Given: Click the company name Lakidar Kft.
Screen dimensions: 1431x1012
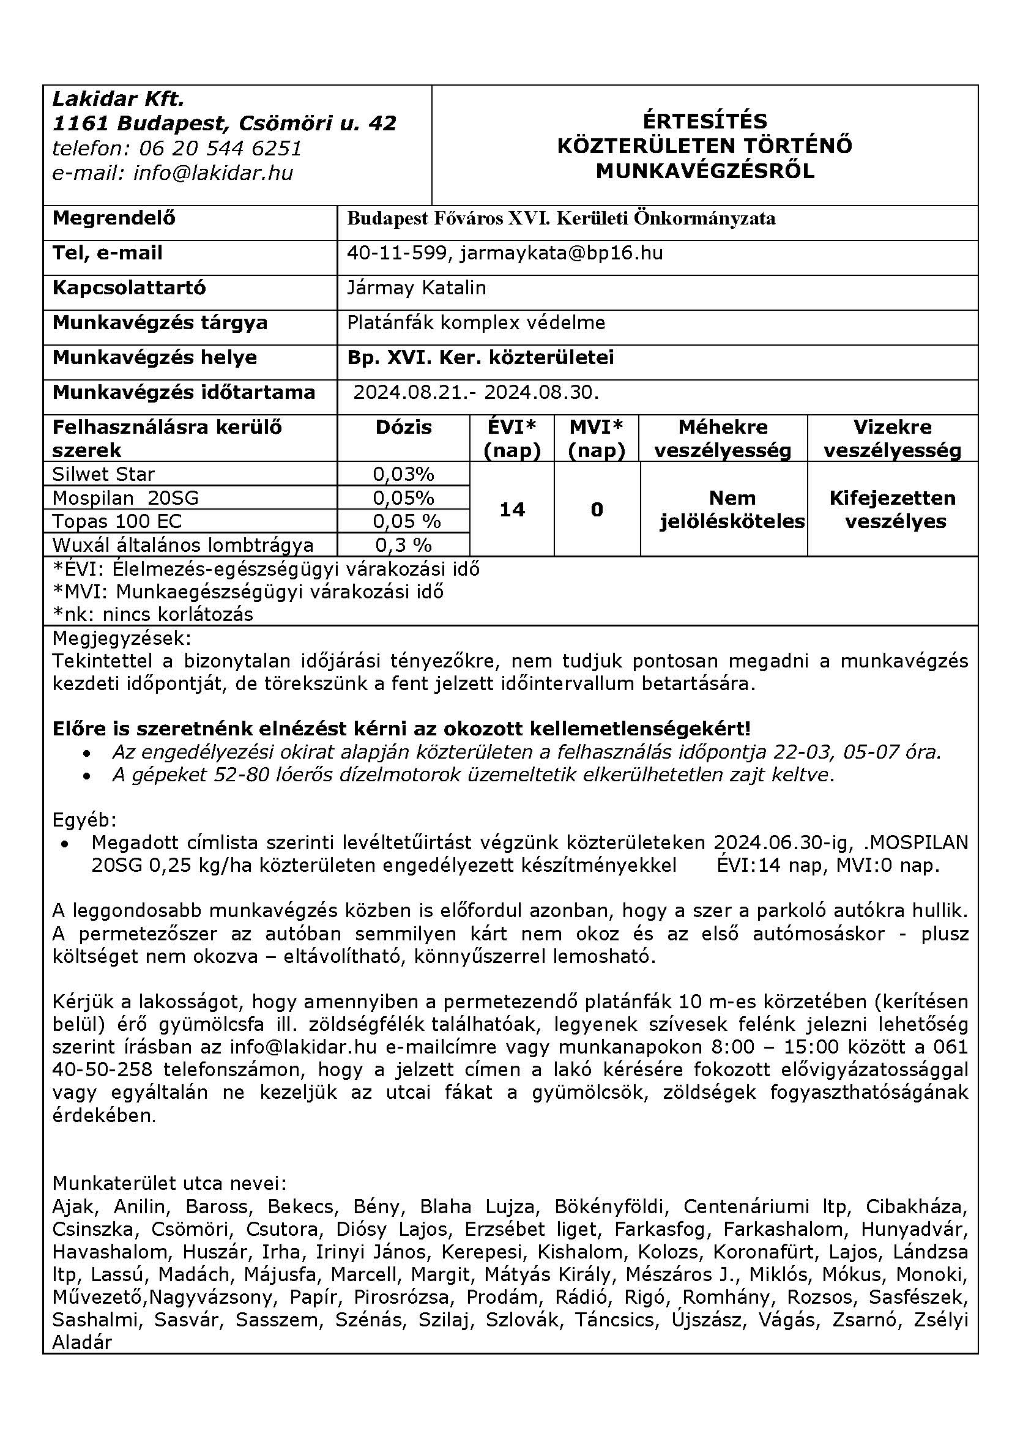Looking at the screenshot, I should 119,99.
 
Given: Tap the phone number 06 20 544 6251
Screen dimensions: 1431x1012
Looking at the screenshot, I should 220,148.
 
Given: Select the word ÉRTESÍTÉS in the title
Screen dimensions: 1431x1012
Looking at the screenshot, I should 705,121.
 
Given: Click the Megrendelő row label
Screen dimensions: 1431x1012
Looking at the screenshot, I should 114,218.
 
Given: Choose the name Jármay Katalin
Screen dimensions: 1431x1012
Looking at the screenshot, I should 416,288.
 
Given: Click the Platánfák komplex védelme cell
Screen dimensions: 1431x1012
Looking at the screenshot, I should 476,323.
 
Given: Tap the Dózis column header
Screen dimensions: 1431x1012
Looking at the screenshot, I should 403,428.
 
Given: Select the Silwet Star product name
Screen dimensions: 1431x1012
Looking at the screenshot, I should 103,474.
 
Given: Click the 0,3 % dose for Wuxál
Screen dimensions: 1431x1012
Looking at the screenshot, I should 403,545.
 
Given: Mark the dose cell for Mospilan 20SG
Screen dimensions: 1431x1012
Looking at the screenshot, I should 403,498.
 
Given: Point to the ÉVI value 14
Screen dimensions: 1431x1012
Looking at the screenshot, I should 512,510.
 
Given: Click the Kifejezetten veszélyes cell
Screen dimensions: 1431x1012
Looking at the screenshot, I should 892,510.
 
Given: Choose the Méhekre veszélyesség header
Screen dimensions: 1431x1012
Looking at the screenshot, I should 723,439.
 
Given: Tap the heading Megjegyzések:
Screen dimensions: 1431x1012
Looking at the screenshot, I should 122,638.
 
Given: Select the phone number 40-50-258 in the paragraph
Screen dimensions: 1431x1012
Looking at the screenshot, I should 103,1070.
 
